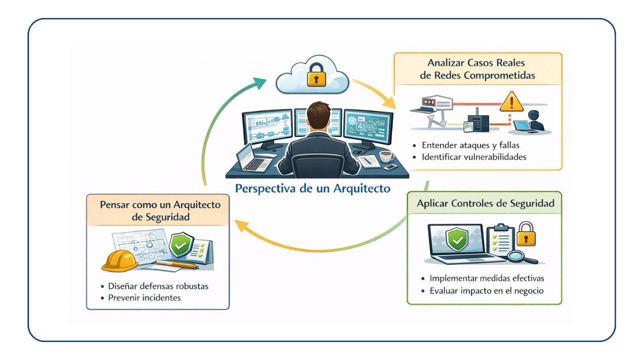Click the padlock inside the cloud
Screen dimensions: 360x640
click(x=316, y=76)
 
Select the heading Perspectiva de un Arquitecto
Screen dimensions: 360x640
click(x=312, y=189)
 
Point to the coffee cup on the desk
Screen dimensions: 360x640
click(x=386, y=156)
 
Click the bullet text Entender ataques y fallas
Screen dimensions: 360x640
click(x=470, y=145)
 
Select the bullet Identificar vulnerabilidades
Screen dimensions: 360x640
click(x=474, y=157)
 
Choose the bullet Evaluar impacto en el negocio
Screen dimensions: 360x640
click(x=486, y=290)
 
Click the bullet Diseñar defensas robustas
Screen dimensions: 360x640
click(x=158, y=286)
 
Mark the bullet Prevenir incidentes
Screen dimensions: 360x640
click(x=144, y=297)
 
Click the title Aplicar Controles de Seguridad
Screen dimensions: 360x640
click(x=485, y=204)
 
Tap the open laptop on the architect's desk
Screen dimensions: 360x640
click(x=252, y=158)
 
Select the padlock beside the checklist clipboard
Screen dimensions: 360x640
click(x=525, y=234)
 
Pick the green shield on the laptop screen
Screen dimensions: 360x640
click(x=457, y=239)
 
